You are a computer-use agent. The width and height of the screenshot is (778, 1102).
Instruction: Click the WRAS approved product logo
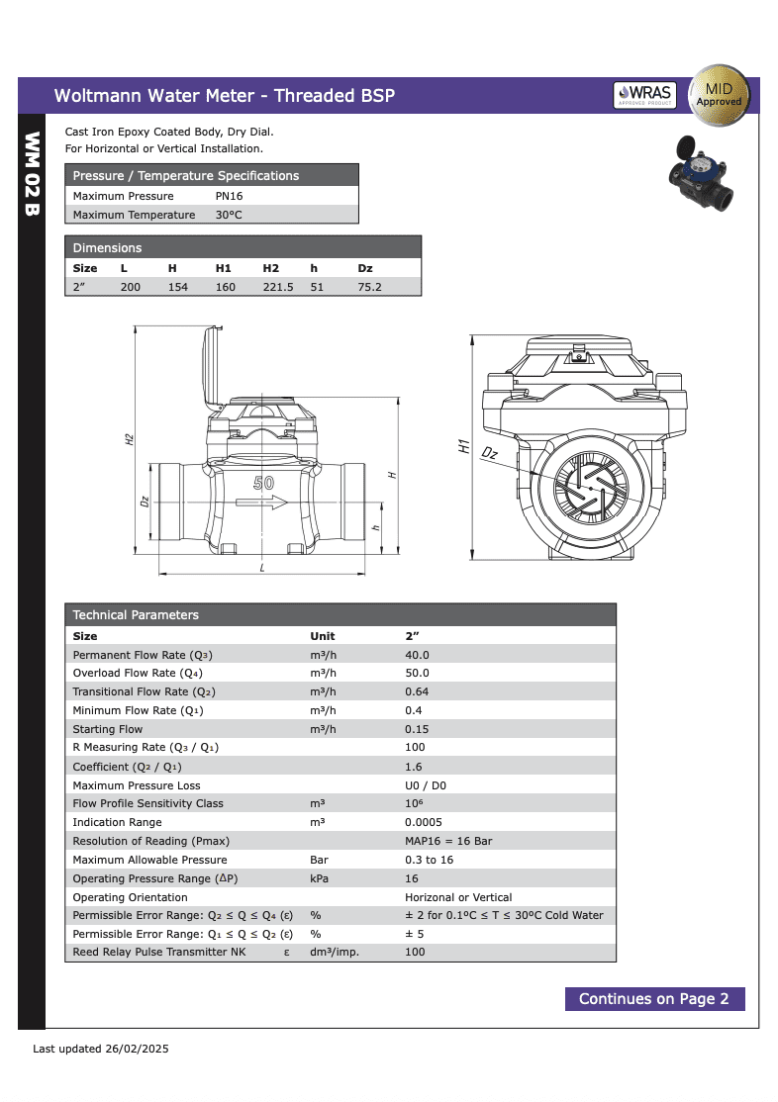point(644,95)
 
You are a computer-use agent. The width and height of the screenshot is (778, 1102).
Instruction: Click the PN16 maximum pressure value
point(229,196)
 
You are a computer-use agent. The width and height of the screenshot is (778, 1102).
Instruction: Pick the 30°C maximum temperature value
point(229,215)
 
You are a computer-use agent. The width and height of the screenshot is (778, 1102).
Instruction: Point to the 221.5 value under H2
point(277,287)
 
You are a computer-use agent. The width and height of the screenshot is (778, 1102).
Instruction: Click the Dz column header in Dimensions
point(364,268)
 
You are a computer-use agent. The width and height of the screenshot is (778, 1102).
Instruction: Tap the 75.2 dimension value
point(369,287)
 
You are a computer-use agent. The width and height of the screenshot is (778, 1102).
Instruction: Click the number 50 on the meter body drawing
point(263,483)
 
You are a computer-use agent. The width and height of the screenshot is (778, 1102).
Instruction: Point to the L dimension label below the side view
point(261,568)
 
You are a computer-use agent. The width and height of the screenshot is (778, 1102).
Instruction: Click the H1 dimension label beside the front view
point(464,446)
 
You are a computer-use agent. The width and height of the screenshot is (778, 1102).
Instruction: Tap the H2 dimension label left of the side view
point(130,439)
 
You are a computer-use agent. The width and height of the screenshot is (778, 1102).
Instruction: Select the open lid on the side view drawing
point(211,366)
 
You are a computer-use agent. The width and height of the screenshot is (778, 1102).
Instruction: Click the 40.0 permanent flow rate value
point(417,655)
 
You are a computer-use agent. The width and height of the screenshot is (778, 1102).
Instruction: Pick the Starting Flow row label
point(108,729)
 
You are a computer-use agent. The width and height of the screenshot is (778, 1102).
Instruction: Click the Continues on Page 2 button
point(654,999)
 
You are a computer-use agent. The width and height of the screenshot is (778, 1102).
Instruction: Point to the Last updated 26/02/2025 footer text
point(101,1049)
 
